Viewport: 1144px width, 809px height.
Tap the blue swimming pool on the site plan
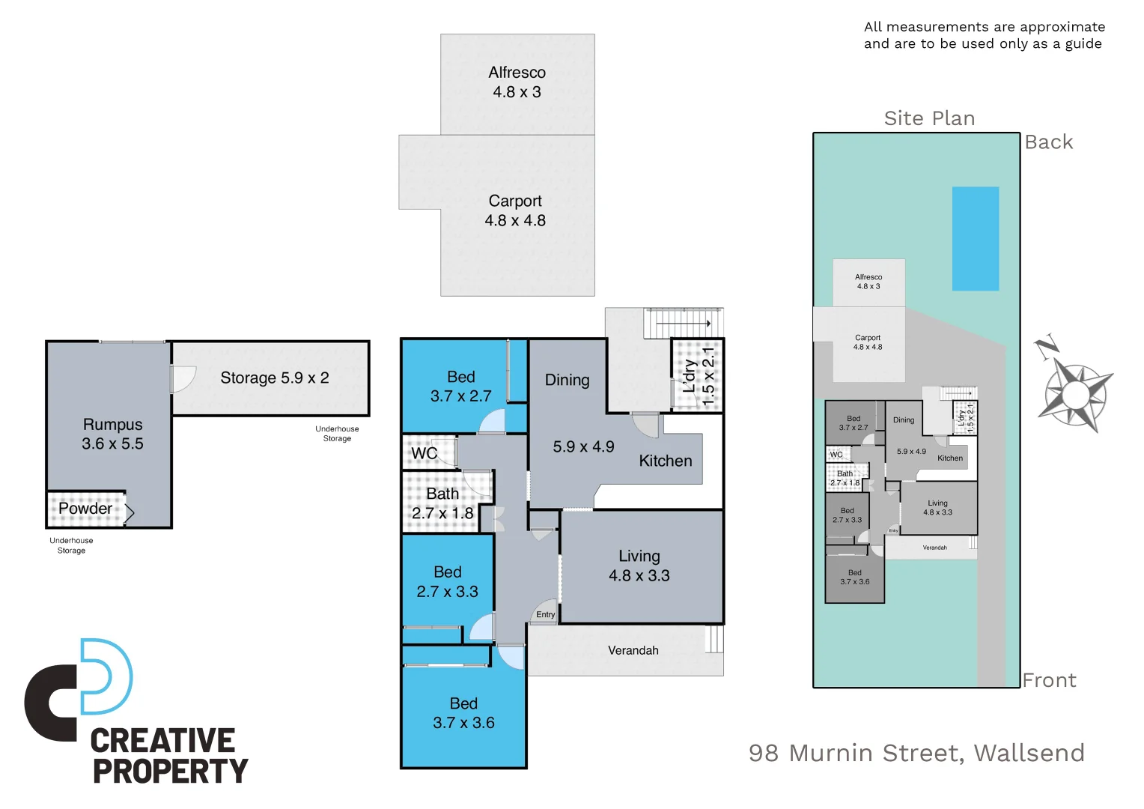click(975, 238)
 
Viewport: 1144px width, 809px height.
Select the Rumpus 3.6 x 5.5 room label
click(112, 434)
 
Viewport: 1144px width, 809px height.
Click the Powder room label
click(85, 509)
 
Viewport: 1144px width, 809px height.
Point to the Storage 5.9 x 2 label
click(274, 378)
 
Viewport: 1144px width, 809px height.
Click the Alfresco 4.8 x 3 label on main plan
click(517, 82)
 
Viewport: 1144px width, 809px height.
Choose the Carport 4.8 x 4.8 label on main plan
click(515, 210)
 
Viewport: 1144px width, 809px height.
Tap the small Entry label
click(545, 614)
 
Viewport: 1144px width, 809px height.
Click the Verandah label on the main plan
click(633, 650)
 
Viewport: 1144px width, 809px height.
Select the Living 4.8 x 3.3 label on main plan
click(639, 566)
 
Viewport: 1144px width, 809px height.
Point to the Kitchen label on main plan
click(665, 461)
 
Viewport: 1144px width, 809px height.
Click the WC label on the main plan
click(424, 453)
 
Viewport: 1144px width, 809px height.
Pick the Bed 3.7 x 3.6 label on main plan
click(463, 713)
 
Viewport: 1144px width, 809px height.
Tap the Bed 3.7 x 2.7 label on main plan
click(460, 387)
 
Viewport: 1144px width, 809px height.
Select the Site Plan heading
click(929, 118)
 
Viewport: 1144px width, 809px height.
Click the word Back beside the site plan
click(1048, 142)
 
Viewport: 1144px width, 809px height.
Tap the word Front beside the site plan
click(1049, 680)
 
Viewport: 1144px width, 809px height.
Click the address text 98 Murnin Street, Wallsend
click(916, 752)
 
